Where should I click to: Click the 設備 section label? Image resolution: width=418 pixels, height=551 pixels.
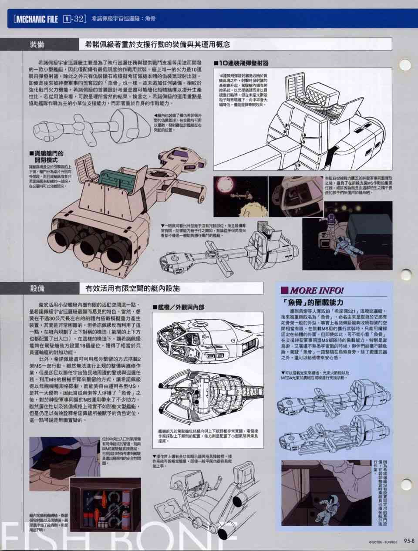[37, 288]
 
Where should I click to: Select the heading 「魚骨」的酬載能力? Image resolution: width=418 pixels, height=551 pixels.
[313, 302]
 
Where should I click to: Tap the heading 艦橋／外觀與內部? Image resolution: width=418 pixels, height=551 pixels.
[179, 308]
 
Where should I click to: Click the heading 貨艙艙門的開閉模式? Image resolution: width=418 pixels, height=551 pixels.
[46, 156]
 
